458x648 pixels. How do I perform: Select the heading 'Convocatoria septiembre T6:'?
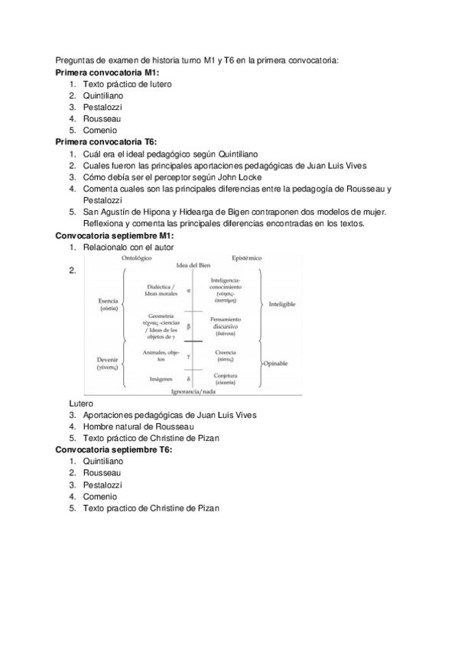click(114, 449)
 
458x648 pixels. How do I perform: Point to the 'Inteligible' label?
click(282, 303)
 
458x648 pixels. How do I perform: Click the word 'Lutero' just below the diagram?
click(81, 403)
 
